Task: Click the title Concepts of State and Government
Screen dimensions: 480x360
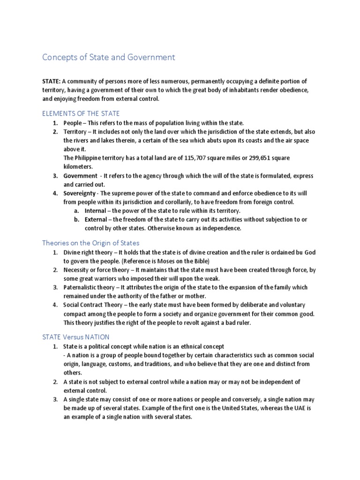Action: coord(108,57)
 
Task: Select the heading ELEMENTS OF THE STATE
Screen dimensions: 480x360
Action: coord(81,113)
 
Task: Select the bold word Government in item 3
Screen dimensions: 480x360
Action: coord(80,176)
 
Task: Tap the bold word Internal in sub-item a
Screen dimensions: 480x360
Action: coord(95,211)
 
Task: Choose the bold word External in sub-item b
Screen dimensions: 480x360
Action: coord(96,219)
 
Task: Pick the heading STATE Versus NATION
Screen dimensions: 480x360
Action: coord(83,337)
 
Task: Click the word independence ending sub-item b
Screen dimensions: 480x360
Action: coord(222,228)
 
